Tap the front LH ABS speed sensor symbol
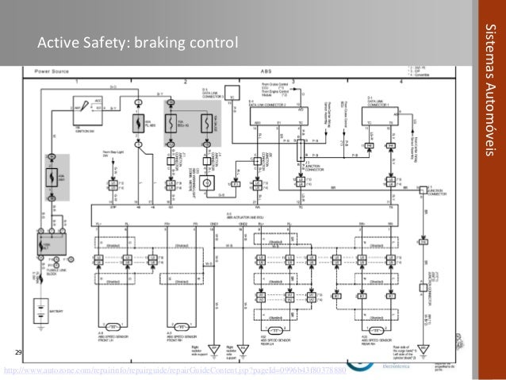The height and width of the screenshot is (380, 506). point(116,328)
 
